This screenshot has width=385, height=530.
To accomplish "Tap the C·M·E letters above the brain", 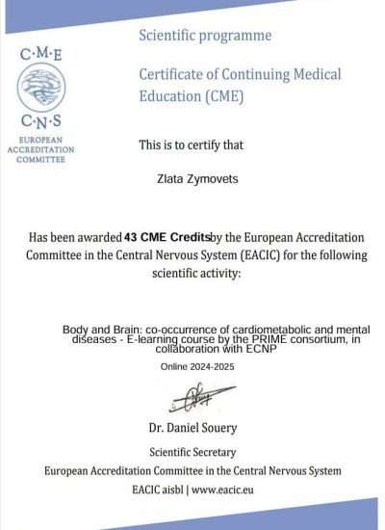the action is tap(40, 55).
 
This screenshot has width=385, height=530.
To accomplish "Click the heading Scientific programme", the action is tap(205, 36).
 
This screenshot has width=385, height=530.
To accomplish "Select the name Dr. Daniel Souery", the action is tap(192, 427).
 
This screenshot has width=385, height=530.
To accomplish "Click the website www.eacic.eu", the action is tap(230, 490).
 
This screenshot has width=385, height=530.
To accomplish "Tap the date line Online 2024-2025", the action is tap(195, 366).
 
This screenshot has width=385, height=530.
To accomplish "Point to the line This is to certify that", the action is tap(192, 146).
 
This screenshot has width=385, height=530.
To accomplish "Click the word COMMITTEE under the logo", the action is tap(40, 160).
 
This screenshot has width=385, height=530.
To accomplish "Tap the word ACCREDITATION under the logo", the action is tap(40, 150).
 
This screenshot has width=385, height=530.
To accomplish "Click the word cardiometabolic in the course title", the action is tap(256, 330).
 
